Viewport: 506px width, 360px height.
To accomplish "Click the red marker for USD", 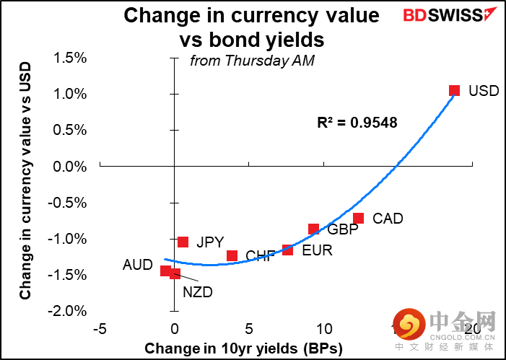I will click(454, 91).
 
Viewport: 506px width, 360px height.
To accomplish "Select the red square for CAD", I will click(358, 218).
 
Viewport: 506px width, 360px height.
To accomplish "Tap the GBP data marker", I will click(313, 229).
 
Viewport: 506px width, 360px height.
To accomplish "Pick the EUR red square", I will click(287, 250).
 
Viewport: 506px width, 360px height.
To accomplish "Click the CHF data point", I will click(232, 255).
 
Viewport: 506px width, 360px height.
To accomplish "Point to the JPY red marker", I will click(183, 242).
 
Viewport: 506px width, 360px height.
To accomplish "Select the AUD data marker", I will click(165, 271).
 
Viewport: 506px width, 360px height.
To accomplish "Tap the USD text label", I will click(484, 92).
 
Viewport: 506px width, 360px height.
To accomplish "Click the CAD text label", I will click(388, 219).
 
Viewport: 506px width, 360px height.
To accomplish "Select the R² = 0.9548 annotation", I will click(357, 123).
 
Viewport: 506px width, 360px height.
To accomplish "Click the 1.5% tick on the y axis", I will click(70, 58).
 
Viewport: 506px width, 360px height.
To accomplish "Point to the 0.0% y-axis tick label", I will click(70, 167).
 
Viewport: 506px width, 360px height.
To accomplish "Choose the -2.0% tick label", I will click(69, 311).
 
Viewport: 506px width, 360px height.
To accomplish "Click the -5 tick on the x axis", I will click(100, 329).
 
